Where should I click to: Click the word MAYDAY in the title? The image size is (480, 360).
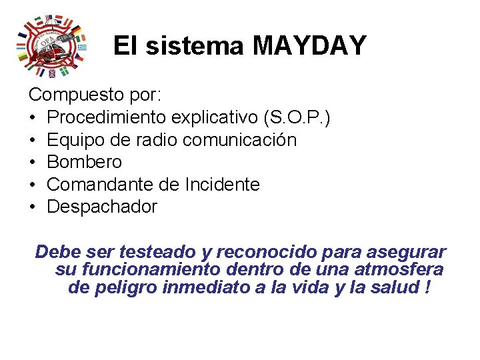tap(309, 46)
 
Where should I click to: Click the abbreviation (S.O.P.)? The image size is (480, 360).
tap(297, 117)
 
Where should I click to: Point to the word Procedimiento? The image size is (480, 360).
tap(107, 117)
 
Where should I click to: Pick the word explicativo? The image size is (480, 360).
tap(215, 117)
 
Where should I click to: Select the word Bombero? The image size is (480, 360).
tap(85, 162)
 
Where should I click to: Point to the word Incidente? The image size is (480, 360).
tap(222, 184)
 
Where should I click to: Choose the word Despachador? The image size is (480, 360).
tap(102, 207)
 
